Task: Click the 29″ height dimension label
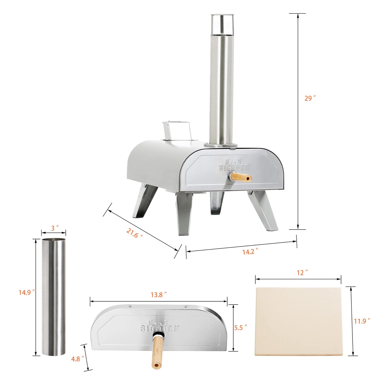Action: (310, 98)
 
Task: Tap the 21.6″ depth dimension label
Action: (134, 233)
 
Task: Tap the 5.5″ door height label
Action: (240, 328)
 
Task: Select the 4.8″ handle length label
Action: (77, 359)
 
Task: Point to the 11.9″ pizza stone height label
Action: (361, 321)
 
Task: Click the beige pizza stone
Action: (299, 321)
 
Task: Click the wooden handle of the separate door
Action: (157, 353)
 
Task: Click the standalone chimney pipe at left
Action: (53, 297)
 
